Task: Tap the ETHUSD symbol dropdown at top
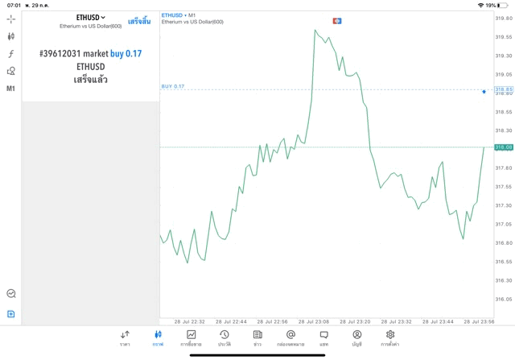coord(90,17)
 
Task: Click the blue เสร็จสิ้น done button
coord(138,21)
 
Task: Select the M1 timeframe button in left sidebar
coord(11,88)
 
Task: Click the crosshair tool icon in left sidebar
coord(11,19)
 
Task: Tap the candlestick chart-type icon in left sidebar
coord(11,36)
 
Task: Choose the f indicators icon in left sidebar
coord(11,54)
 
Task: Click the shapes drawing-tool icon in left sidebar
coord(11,71)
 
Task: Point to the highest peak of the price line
coord(315,31)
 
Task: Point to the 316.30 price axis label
coord(504,280)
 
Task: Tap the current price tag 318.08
coord(504,147)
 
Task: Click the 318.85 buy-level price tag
coord(504,89)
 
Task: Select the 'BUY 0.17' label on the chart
coord(173,86)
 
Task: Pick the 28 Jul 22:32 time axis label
coord(188,321)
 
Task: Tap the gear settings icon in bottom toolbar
coord(390,337)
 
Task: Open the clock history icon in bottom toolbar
coord(224,337)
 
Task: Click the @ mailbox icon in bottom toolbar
coord(290,337)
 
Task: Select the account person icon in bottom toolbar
coord(356,337)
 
